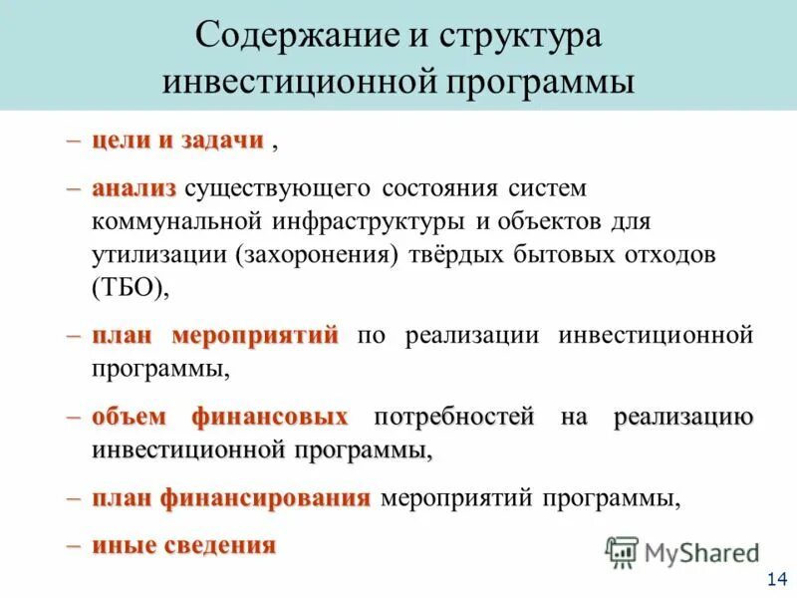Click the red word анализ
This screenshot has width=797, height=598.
click(133, 187)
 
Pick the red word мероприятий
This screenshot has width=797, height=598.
click(256, 334)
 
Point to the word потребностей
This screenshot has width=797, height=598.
click(453, 416)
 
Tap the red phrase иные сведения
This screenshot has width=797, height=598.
click(183, 544)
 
